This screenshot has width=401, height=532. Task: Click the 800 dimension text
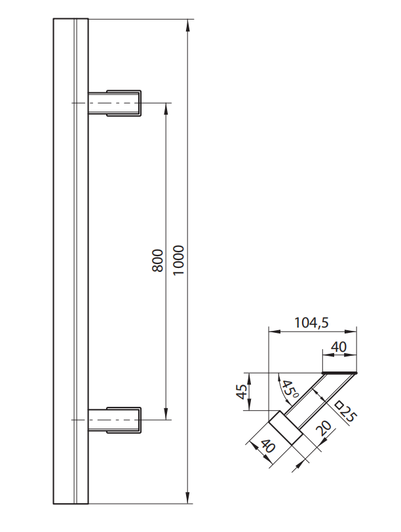pyautogui.click(x=157, y=261)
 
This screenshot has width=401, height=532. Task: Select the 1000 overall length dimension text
pyautogui.click(x=180, y=261)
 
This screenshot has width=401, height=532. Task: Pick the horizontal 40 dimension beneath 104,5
pyautogui.click(x=339, y=347)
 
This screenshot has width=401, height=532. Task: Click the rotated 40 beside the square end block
pyautogui.click(x=266, y=451)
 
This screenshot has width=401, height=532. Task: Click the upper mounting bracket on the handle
pyautogui.click(x=115, y=103)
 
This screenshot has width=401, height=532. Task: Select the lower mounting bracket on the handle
pyautogui.click(x=115, y=419)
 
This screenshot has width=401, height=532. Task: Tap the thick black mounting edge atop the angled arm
pyautogui.click(x=341, y=373)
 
